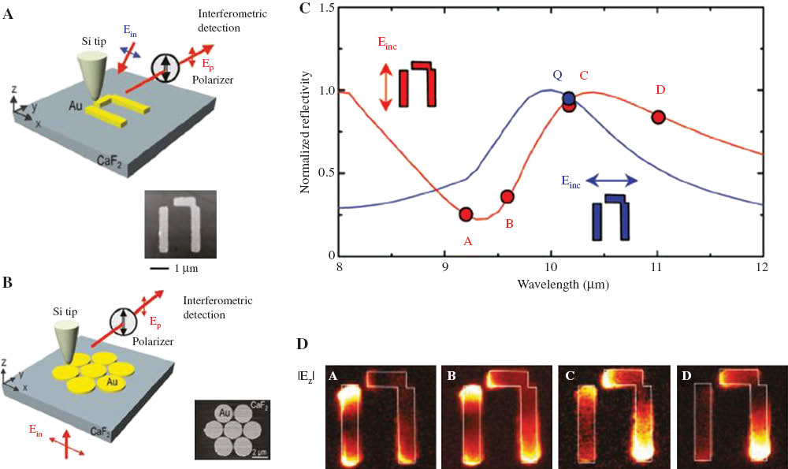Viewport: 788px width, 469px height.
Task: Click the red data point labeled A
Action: [466, 214]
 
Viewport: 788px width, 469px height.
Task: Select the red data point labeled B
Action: [507, 196]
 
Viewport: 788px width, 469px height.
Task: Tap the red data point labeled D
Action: [658, 117]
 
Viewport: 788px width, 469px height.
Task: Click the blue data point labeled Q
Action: [568, 99]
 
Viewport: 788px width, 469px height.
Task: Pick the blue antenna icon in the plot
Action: [612, 217]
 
